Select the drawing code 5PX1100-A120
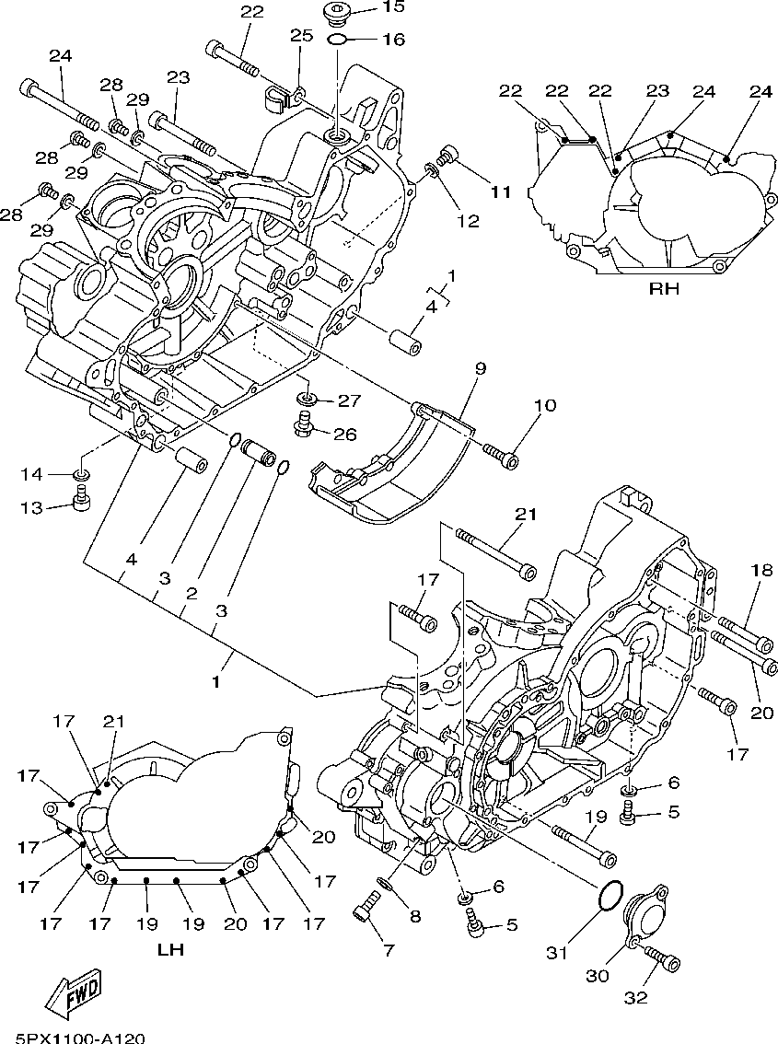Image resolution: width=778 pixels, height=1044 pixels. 73,1038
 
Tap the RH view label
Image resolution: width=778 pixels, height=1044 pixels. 663,288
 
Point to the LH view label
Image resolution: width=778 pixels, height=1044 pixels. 170,949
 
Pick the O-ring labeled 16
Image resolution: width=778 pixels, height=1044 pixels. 337,40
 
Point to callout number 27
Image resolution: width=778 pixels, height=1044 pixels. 350,400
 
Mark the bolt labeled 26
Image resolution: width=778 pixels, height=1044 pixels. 303,424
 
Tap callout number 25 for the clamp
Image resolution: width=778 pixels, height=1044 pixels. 301,36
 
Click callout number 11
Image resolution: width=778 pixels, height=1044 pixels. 499,191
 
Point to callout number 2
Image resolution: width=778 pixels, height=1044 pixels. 191,595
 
